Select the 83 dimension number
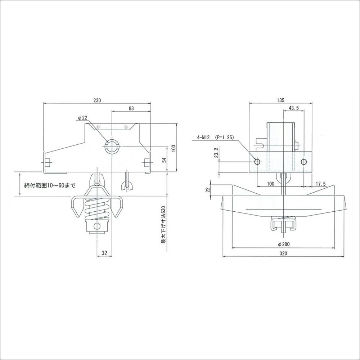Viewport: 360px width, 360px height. tap(131, 108)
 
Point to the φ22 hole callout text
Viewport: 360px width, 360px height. tap(82, 118)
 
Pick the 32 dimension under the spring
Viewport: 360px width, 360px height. tap(104, 253)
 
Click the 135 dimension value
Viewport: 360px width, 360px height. tap(280, 100)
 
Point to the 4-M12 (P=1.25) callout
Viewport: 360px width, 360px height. tap(215, 138)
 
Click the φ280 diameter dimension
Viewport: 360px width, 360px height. tap(283, 244)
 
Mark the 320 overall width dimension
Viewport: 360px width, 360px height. tap(284, 253)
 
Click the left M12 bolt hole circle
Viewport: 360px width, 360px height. tap(257, 161)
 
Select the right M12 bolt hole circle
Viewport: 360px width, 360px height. tap(304, 161)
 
